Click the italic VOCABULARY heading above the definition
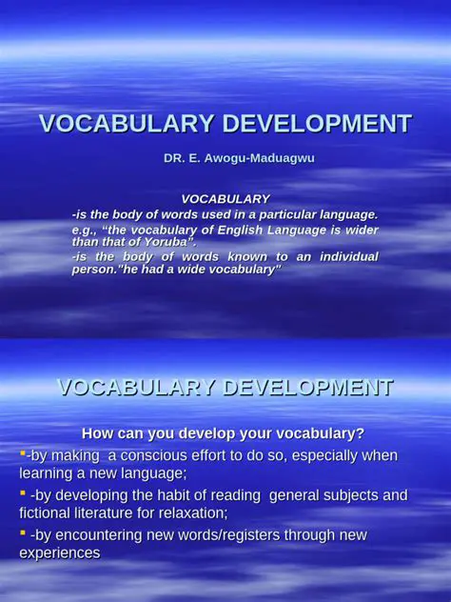[225, 199]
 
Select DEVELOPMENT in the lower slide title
[304, 388]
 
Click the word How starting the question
[98, 432]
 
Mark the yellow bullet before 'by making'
[22, 452]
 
